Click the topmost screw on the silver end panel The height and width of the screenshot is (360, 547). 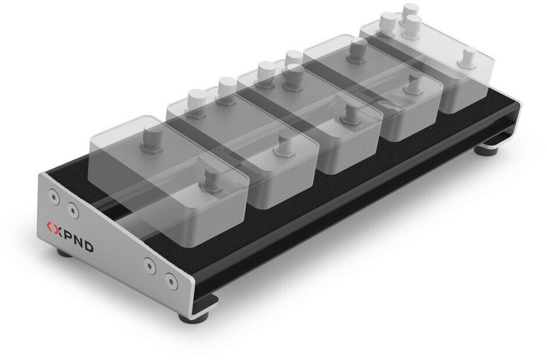54,196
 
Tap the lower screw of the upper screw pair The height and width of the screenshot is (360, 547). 73,209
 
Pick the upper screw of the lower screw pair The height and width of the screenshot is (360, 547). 150,265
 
